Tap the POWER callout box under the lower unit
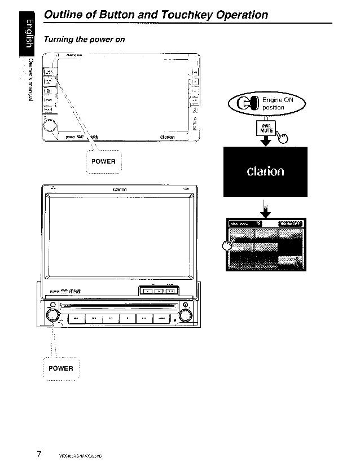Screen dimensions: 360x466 pyautogui.click(x=61, y=368)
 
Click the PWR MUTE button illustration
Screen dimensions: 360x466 pyautogui.click(x=265, y=130)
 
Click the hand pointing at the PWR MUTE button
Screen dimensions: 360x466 pyautogui.click(x=280, y=135)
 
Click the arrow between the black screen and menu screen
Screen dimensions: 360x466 pyautogui.click(x=265, y=212)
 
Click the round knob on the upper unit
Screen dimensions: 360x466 pyautogui.click(x=50, y=125)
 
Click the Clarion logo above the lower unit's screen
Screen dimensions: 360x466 pyautogui.click(x=118, y=189)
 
